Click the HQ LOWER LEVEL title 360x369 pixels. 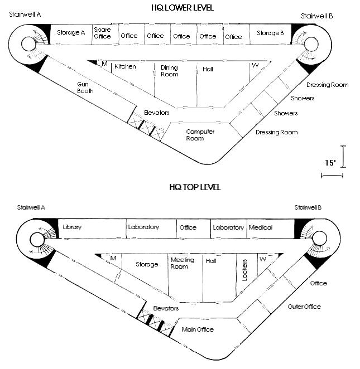183,8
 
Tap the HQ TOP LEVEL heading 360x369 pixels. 195,187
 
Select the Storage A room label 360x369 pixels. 71,32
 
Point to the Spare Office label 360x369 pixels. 102,33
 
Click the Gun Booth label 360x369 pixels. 85,88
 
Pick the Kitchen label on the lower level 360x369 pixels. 125,66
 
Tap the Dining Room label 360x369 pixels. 170,71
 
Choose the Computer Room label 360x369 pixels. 200,135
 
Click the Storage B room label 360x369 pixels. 270,33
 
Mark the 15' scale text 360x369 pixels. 330,163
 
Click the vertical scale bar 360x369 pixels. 343,157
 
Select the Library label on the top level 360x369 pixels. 72,227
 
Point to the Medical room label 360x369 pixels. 261,227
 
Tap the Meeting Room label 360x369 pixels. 183,263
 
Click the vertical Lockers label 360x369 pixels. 245,270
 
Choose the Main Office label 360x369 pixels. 198,329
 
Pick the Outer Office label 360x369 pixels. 304,307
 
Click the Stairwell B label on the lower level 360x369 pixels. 316,16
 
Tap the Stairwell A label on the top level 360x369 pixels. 31,207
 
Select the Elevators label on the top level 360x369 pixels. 166,308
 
